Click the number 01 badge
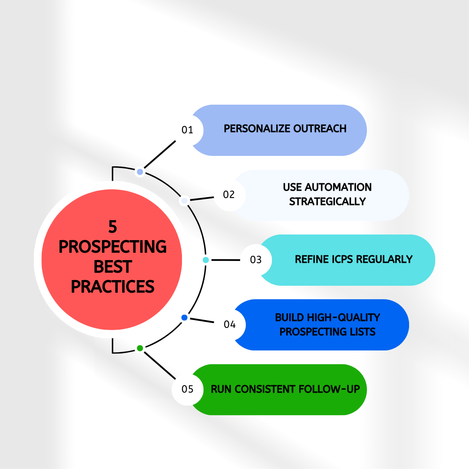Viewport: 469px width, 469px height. click(x=188, y=130)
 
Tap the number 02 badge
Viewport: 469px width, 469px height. click(x=229, y=195)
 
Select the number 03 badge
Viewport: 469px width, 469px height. click(x=256, y=260)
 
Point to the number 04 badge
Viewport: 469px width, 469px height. click(x=229, y=324)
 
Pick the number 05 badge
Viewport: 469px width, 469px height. click(x=188, y=389)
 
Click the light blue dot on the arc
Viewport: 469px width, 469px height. click(x=140, y=172)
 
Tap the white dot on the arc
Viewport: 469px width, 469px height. click(x=184, y=201)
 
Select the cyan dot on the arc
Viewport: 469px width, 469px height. click(x=206, y=260)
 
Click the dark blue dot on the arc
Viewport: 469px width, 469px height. click(x=184, y=318)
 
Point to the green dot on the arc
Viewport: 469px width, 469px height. click(x=140, y=348)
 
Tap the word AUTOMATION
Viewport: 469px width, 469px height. click(x=338, y=187)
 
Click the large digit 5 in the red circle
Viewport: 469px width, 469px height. click(x=113, y=227)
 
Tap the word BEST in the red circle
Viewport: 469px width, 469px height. click(x=113, y=267)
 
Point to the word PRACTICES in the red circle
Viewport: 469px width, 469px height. click(x=113, y=286)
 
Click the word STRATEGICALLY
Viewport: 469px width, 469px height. click(x=327, y=201)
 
